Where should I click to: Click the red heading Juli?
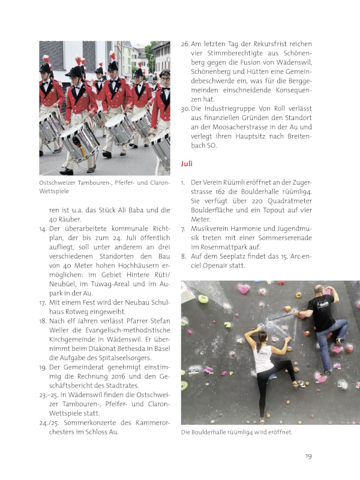[x=187, y=163]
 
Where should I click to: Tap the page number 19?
[x=308, y=456]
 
